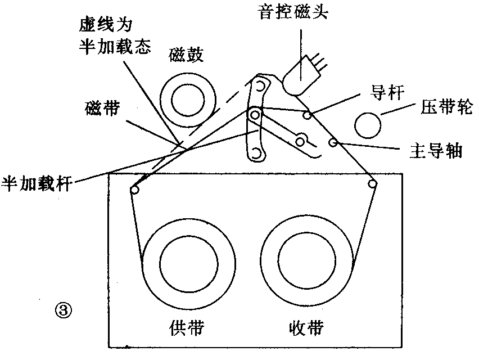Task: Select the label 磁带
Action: pos(102,109)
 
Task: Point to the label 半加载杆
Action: pos(36,183)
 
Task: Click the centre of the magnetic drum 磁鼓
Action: pos(189,101)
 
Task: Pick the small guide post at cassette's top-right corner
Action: pos(372,183)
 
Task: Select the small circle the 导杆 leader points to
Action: pos(307,115)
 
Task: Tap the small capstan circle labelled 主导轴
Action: pos(333,143)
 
